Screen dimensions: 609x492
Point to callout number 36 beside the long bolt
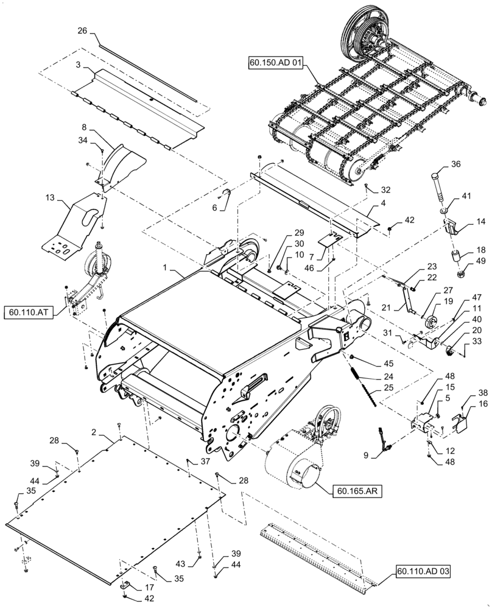[456, 163]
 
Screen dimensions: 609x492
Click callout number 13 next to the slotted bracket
[49, 199]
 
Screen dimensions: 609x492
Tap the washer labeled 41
[445, 211]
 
